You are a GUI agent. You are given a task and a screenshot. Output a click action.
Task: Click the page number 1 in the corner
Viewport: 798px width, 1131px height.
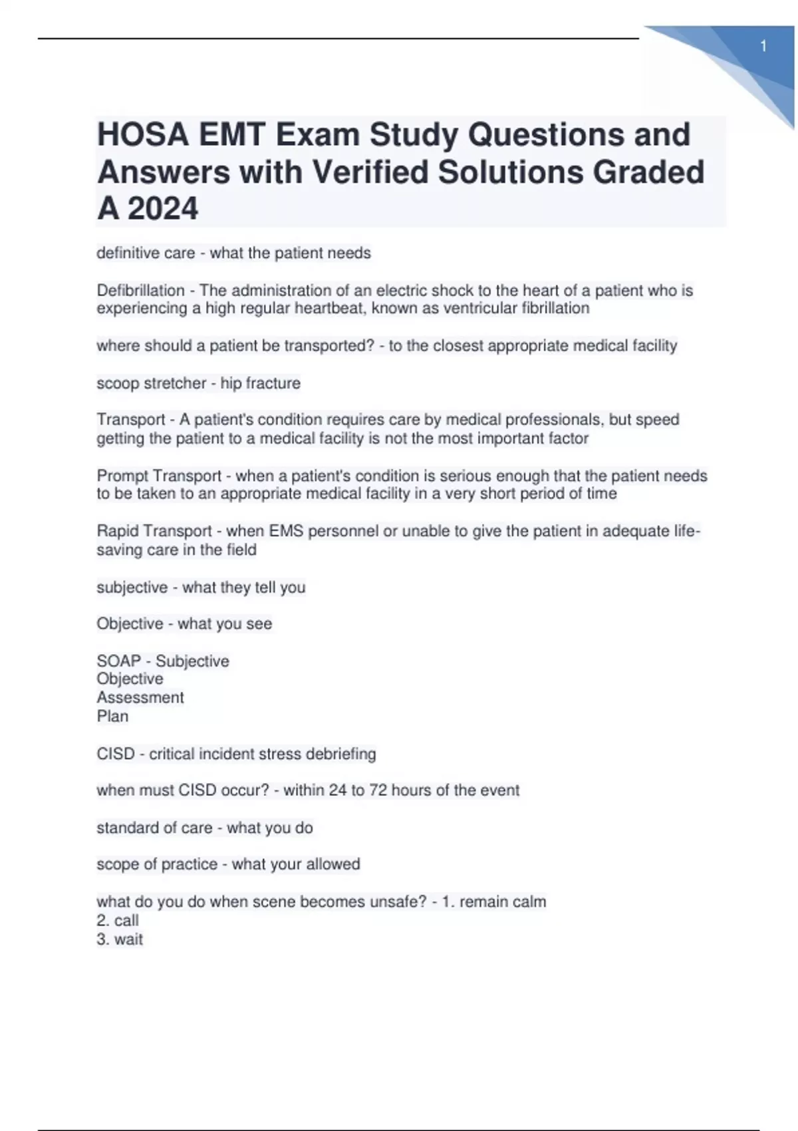point(763,47)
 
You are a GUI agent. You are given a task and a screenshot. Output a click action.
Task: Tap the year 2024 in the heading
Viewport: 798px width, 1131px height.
point(163,209)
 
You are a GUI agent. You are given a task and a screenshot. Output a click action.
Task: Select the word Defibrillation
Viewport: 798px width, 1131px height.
point(140,291)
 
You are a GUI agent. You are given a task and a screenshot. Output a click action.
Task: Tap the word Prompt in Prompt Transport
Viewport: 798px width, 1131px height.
point(124,476)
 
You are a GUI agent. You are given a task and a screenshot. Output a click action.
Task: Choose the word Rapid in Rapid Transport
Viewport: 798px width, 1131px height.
point(118,531)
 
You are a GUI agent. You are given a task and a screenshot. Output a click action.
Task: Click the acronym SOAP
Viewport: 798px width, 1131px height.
point(118,661)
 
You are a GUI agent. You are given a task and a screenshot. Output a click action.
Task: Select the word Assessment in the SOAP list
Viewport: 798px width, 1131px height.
point(140,697)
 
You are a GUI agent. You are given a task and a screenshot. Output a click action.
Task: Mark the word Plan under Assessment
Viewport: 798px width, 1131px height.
point(112,716)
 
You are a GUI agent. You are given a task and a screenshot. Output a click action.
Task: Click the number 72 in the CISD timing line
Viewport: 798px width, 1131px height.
point(378,790)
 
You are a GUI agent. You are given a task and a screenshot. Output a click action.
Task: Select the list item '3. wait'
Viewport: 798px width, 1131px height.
point(120,939)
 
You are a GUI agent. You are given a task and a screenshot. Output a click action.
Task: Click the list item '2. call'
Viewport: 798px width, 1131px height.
point(118,920)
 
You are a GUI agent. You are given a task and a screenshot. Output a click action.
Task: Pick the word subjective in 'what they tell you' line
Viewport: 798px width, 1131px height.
point(132,587)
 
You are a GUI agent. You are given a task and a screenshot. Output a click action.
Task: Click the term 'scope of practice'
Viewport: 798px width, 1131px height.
point(157,864)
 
